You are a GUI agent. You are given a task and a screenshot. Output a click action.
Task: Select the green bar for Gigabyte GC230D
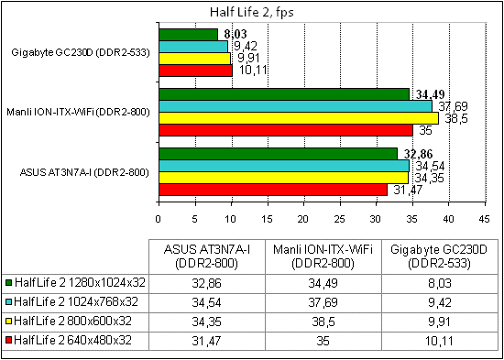point(188,34)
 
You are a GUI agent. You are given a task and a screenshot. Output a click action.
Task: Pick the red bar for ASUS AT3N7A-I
point(272,190)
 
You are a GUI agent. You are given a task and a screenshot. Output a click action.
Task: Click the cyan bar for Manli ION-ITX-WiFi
point(295,105)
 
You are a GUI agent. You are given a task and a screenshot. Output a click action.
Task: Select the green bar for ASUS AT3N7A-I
point(278,153)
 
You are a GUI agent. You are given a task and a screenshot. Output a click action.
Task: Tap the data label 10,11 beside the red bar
point(248,69)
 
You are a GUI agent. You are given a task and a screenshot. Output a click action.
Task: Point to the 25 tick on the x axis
point(340,219)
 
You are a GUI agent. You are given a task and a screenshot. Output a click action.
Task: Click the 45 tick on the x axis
point(485,219)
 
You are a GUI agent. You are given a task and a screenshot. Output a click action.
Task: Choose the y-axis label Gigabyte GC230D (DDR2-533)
point(81,51)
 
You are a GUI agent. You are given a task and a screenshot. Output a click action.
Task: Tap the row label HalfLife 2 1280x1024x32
point(76,284)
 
